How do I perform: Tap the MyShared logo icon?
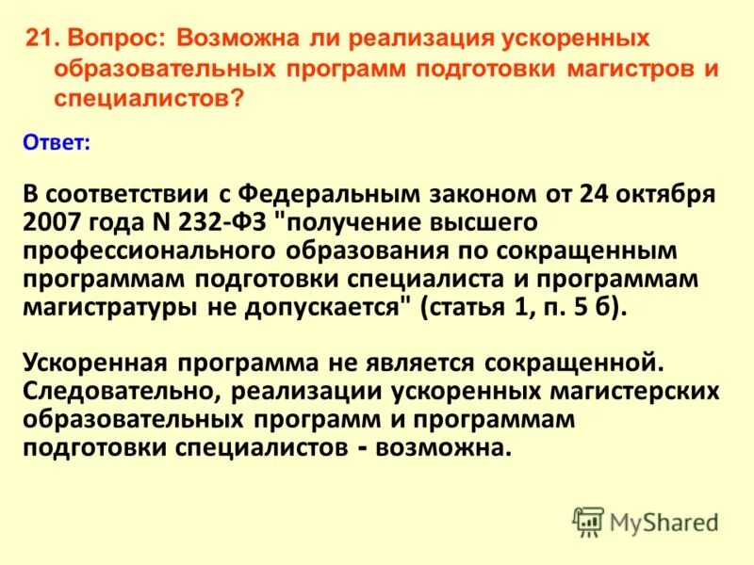coord(587,520)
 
